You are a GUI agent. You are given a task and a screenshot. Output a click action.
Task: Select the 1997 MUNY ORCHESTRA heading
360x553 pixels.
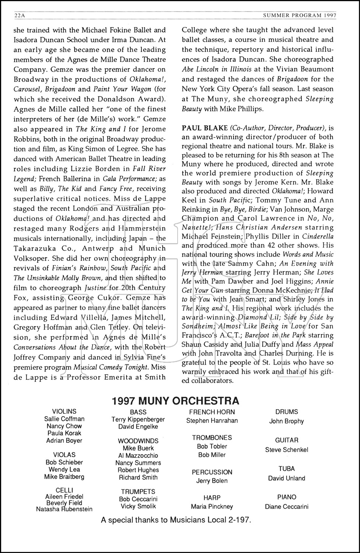175,401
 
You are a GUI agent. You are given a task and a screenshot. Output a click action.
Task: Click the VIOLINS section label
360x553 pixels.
64,411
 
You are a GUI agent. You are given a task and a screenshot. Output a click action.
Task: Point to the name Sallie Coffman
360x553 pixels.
64,419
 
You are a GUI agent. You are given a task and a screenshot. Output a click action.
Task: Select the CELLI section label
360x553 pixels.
64,490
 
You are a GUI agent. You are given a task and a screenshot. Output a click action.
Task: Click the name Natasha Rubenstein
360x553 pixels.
64,509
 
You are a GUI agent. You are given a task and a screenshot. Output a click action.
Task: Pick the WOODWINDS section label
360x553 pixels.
138,441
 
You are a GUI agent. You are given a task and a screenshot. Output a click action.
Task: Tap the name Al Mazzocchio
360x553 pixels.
138,456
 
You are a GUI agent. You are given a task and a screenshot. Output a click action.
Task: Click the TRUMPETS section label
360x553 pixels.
138,492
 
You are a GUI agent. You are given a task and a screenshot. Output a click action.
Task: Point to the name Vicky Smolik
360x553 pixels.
138,506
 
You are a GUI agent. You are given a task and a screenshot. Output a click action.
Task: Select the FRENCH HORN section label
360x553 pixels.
212,412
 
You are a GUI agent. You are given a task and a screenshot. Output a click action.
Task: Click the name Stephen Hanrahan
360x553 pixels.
212,421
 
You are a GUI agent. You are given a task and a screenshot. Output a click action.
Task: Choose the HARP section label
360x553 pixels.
212,498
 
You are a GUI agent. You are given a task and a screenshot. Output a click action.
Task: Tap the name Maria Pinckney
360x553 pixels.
212,507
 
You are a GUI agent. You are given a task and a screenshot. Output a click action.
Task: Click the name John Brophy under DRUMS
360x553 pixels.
286,421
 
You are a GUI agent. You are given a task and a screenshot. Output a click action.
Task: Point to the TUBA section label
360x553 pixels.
286,469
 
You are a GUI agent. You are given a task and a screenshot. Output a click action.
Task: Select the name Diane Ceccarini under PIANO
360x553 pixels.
286,507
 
